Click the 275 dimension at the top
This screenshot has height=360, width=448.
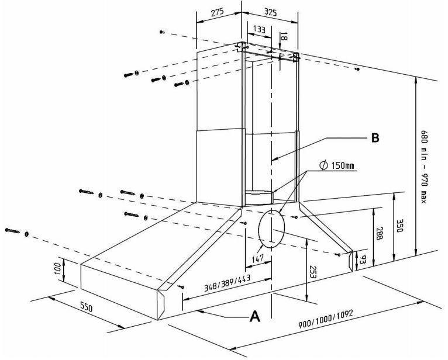[217, 12]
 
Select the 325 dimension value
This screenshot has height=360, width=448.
[271, 12]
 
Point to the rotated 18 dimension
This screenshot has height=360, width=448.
[284, 36]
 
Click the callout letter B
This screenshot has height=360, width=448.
[375, 138]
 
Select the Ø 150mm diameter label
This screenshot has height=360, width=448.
[337, 167]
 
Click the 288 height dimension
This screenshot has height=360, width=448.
[380, 234]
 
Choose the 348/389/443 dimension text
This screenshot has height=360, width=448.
[227, 283]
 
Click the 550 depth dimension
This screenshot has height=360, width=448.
[87, 307]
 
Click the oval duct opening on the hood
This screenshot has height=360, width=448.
[270, 230]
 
